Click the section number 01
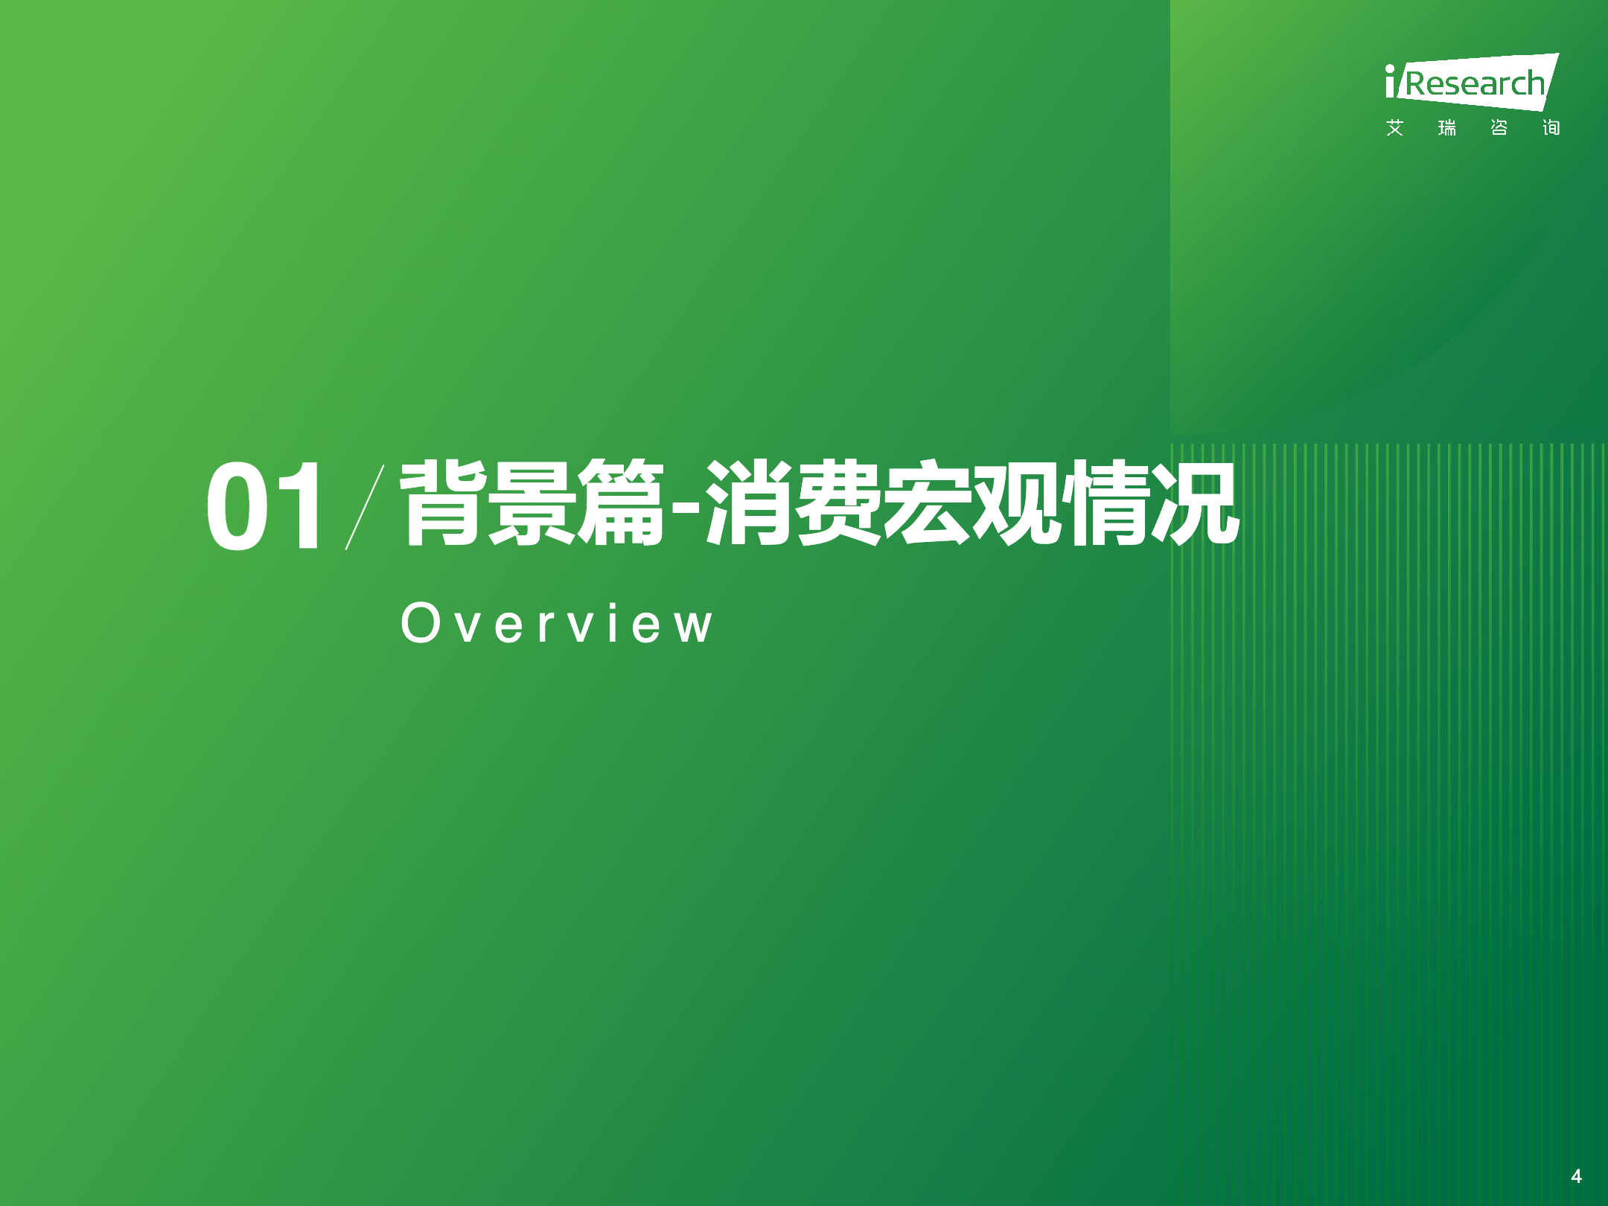(x=264, y=505)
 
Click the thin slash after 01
(x=365, y=507)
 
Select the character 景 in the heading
(x=531, y=502)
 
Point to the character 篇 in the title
(x=620, y=502)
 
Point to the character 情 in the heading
(x=1106, y=502)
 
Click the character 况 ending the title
(x=1196, y=502)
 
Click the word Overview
(x=557, y=622)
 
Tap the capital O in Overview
(x=421, y=622)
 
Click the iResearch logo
(x=1472, y=82)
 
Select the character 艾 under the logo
(x=1394, y=128)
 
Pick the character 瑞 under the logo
(x=1446, y=128)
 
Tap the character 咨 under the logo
(x=1499, y=128)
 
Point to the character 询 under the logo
(x=1551, y=128)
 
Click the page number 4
(x=1576, y=1176)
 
